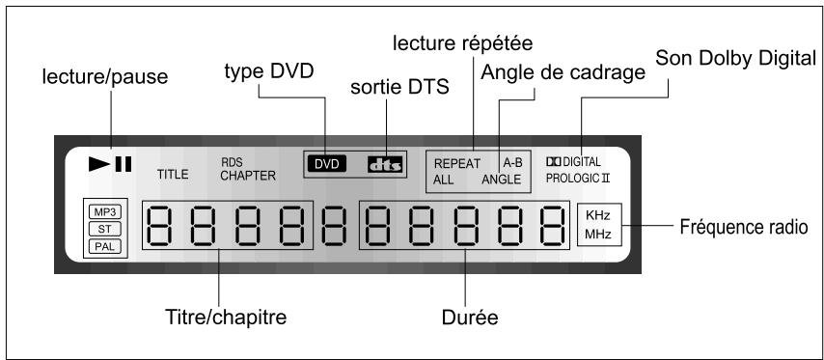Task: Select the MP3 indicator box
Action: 101,210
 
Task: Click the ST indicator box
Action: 101,228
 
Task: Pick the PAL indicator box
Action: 101,245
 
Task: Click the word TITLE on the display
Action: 174,176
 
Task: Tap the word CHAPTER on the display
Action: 247,177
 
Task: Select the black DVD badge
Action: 328,165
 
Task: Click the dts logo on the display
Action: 384,165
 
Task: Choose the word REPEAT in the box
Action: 457,164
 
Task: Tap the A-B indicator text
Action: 511,164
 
